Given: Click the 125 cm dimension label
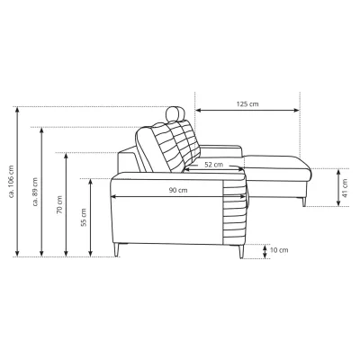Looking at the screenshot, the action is pyautogui.click(x=247, y=104).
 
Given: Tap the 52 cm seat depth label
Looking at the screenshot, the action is pyautogui.click(x=214, y=165).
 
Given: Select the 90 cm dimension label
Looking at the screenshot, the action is pyautogui.click(x=178, y=190).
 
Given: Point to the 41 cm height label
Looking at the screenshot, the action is pyautogui.click(x=345, y=188).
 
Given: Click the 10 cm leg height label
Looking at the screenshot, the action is pyautogui.click(x=279, y=250).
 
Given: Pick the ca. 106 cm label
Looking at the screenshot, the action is pyautogui.click(x=12, y=181).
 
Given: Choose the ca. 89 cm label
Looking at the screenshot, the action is pyautogui.click(x=35, y=192).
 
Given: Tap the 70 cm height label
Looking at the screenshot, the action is pyautogui.click(x=59, y=205).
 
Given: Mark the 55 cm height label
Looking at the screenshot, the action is pyautogui.click(x=84, y=217).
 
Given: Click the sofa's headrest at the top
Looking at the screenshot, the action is pyautogui.click(x=175, y=113).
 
